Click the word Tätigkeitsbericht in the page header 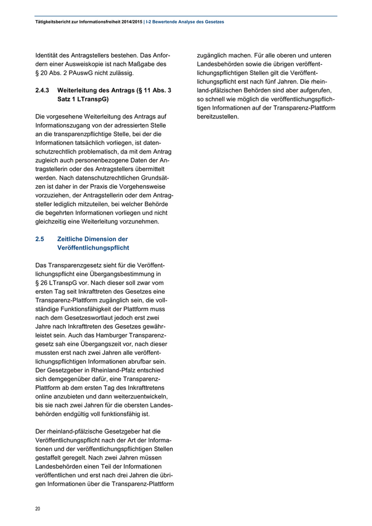pyautogui.click(x=47, y=22)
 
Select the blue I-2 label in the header pyautogui.click(x=149, y=22)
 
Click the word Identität pyautogui.click(x=49, y=55)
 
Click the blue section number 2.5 pyautogui.click(x=40, y=239)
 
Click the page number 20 pyautogui.click(x=38, y=508)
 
